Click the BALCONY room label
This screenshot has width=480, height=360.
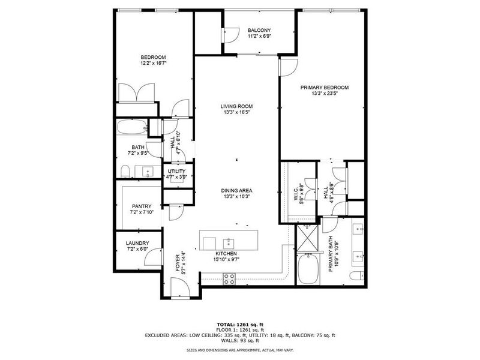[x=259, y=30]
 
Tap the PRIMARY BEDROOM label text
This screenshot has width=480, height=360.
[x=324, y=87]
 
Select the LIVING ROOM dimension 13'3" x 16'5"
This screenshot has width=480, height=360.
[x=236, y=112]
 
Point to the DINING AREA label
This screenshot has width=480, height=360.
[x=236, y=190]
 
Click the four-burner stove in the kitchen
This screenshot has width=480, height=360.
[x=229, y=277]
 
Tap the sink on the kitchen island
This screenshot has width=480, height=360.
[x=229, y=243]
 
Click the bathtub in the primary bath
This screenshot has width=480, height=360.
[x=308, y=269]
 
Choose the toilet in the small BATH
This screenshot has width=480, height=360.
[x=125, y=172]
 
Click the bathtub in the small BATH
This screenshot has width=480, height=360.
[x=131, y=128]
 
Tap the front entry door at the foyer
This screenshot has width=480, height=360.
[x=179, y=288]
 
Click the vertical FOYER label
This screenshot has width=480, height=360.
[x=177, y=262]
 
